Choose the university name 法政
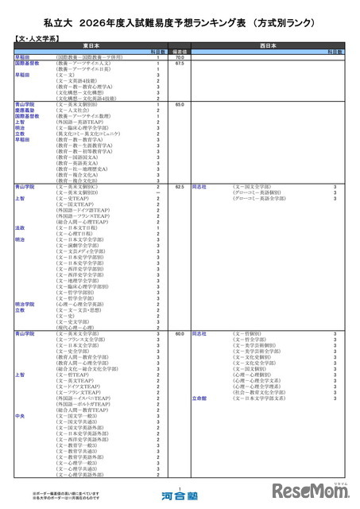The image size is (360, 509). point(21,227)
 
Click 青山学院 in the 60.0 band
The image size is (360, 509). point(25,333)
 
